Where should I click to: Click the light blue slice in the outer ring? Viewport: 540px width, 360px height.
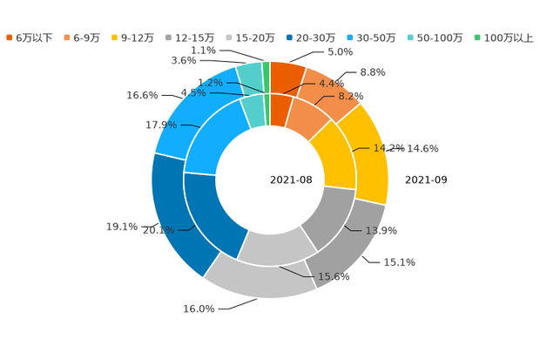[186, 113]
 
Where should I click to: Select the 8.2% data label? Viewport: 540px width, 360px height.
[351, 96]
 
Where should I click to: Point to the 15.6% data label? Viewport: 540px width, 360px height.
[334, 278]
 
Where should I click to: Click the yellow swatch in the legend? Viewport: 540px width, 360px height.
[116, 37]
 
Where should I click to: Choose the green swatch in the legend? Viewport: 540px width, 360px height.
[476, 37]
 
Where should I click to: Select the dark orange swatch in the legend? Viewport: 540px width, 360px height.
[10, 37]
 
